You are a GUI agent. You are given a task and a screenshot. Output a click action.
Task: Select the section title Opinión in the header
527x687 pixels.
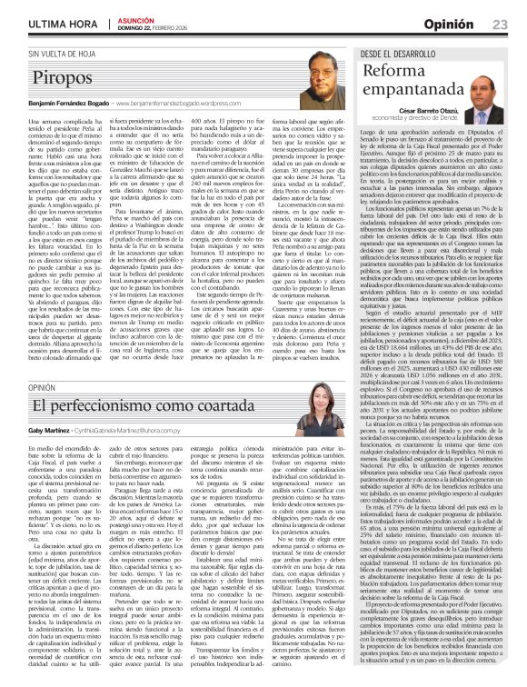(450, 23)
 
